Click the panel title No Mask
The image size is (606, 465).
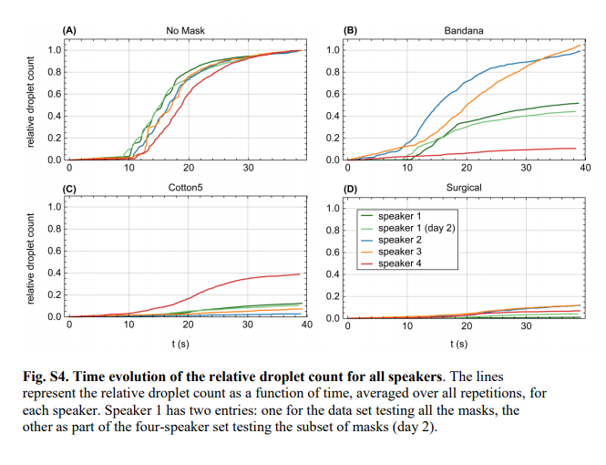pyautogui.click(x=185, y=30)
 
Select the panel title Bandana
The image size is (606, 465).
pyautogui.click(x=464, y=30)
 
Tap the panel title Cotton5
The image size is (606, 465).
pyautogui.click(x=186, y=188)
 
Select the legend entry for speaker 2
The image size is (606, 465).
pyautogui.click(x=401, y=239)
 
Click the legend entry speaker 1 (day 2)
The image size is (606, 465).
pyautogui.click(x=416, y=227)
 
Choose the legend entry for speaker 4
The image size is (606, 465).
pyautogui.click(x=401, y=263)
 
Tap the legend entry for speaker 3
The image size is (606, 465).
pyautogui.click(x=401, y=251)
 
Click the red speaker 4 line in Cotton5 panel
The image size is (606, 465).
pyautogui.click(x=255, y=280)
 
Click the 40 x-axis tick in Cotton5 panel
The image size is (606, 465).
pyautogui.click(x=306, y=325)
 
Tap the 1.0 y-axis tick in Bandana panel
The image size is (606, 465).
pyautogui.click(x=333, y=50)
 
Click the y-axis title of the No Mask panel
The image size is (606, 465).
pyautogui.click(x=31, y=91)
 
